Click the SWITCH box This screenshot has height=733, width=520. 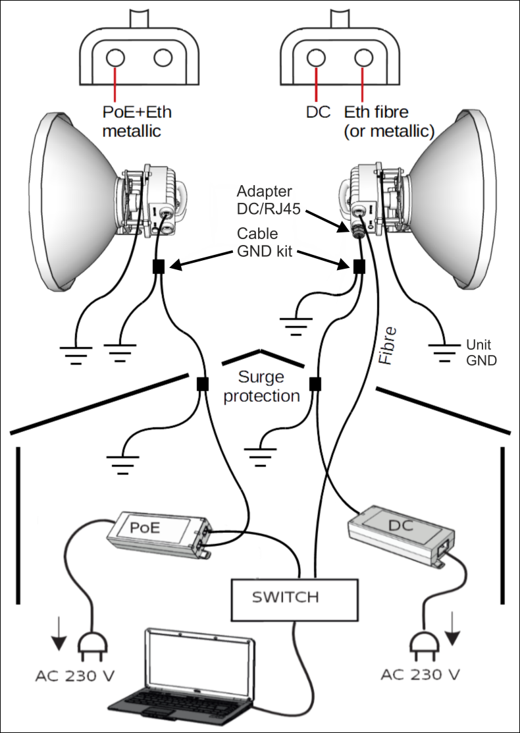[285, 598]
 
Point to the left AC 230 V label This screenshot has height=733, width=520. [73, 676]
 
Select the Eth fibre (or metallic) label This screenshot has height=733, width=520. [388, 121]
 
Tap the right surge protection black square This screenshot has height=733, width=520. [315, 383]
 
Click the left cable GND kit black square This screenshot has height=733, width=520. [158, 266]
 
